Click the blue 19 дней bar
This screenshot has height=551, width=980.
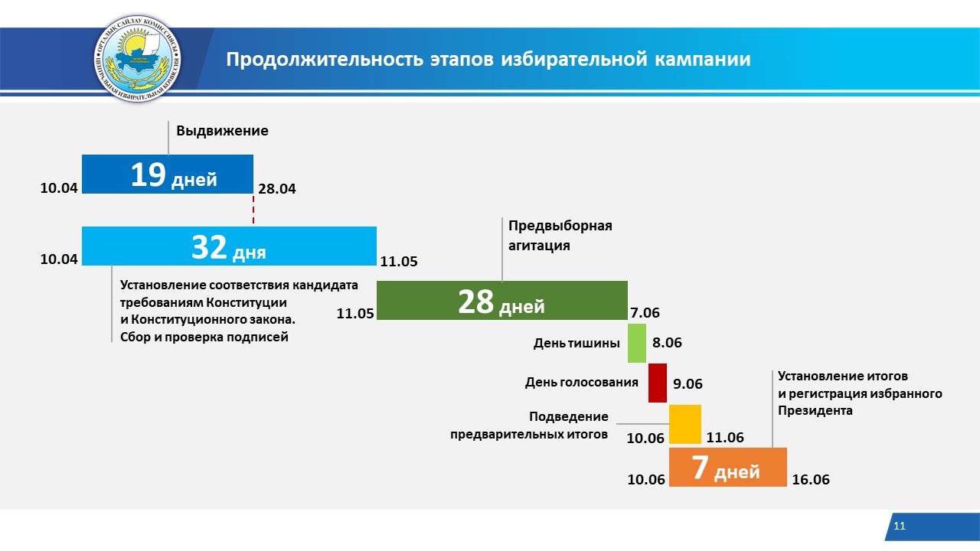pos(168,174)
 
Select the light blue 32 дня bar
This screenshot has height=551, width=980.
pos(229,246)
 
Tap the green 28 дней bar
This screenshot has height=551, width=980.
pos(502,301)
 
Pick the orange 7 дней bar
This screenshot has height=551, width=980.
pos(728,467)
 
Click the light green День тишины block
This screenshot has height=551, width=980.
pos(637,344)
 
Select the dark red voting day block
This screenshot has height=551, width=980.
pos(658,383)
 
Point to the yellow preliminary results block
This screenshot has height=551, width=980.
pos(685,424)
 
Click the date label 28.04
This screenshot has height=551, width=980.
pos(277,189)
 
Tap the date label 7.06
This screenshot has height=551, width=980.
pos(645,313)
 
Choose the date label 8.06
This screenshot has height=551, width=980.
pos(667,342)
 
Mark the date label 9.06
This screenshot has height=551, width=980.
pos(688,383)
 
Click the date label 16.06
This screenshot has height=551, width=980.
pos(811,479)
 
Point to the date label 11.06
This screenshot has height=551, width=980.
pos(725,437)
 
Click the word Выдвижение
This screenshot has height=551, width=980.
pos(222,131)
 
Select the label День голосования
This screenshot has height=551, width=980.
pos(581,382)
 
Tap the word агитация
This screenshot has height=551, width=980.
pos(539,246)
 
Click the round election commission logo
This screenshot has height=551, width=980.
pos(137,59)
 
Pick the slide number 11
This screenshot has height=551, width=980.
pos(900,526)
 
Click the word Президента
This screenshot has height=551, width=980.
pos(815,411)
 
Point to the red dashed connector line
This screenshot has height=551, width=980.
pos(253,210)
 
